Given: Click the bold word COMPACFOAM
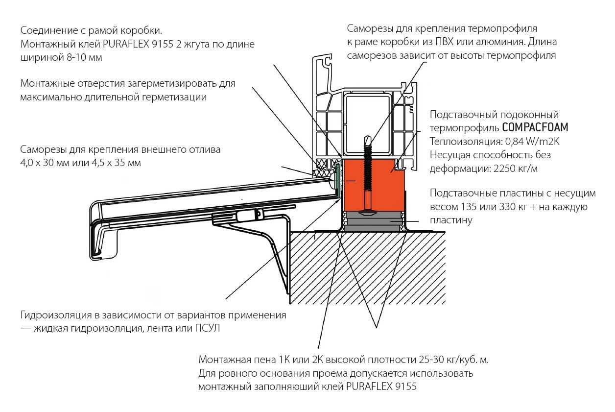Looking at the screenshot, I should pyautogui.click(x=535, y=128).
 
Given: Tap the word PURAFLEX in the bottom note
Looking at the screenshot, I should pyautogui.click(x=365, y=386).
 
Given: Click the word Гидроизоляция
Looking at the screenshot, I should pyautogui.click(x=54, y=315).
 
